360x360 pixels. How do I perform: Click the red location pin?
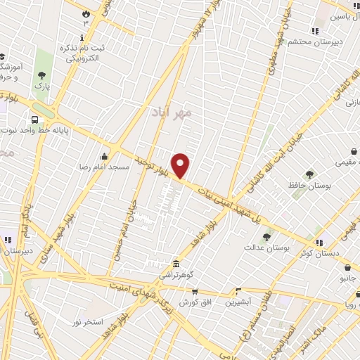point(181,165)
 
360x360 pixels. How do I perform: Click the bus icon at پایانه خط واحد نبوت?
point(34,120)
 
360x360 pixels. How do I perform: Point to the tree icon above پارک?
point(42,75)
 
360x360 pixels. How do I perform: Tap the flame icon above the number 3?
point(86,13)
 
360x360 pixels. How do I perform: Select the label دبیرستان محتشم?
point(314,42)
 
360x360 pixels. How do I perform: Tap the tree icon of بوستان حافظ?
point(309,174)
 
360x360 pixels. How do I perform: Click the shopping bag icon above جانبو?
point(347,267)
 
